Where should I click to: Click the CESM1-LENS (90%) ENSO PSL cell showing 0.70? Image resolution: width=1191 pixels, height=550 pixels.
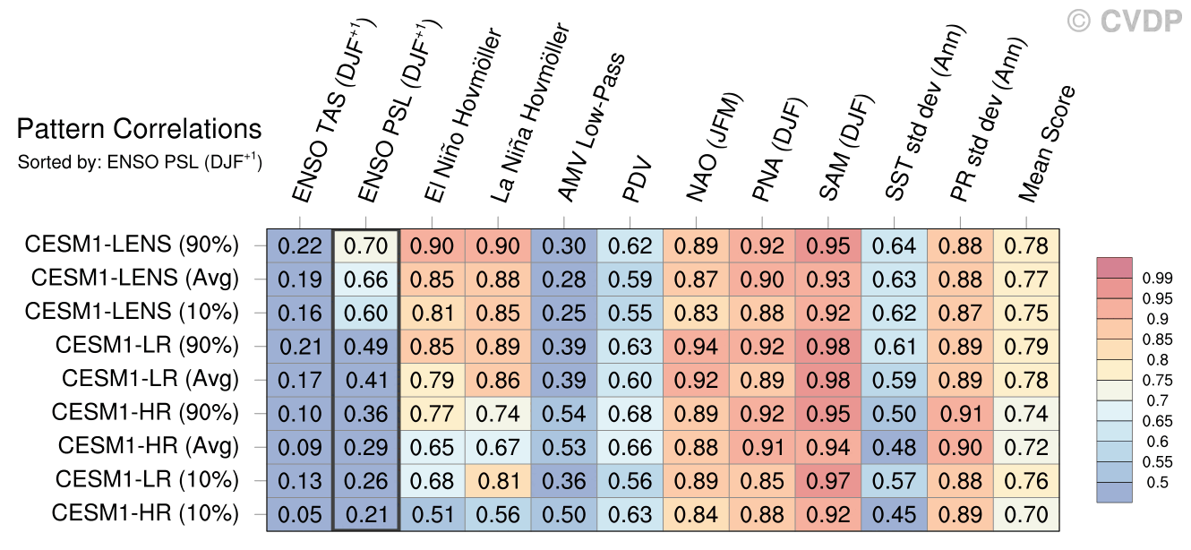pyautogui.click(x=365, y=245)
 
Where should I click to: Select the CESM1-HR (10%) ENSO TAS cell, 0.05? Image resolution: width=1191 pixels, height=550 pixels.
pyautogui.click(x=299, y=514)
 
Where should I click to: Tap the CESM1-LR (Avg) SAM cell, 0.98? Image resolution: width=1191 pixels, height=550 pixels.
pyautogui.click(x=828, y=380)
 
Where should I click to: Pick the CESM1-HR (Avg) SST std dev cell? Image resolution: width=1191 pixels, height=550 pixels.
pyautogui.click(x=895, y=447)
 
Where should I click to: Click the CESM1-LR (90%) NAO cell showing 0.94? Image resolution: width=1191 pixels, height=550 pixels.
pyautogui.click(x=697, y=346)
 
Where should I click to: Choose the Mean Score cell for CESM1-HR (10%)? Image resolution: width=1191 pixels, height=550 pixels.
pyautogui.click(x=1026, y=514)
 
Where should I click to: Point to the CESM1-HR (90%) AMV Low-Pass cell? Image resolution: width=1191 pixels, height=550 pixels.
pyautogui.click(x=564, y=413)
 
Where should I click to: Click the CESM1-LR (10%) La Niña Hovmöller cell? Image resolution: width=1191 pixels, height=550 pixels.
pyautogui.click(x=498, y=480)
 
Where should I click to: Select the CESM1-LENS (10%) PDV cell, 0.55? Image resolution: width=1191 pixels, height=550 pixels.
pyautogui.click(x=630, y=313)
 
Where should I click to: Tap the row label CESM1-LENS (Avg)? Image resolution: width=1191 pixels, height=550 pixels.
pyautogui.click(x=134, y=279)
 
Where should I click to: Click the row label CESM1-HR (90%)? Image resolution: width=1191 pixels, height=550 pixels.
pyautogui.click(x=145, y=413)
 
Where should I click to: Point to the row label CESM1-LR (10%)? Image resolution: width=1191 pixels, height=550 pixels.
pyautogui.click(x=147, y=480)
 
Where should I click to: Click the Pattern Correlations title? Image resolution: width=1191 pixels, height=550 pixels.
pyautogui.click(x=139, y=130)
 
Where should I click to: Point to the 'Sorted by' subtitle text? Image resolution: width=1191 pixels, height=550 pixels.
pyautogui.click(x=139, y=162)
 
